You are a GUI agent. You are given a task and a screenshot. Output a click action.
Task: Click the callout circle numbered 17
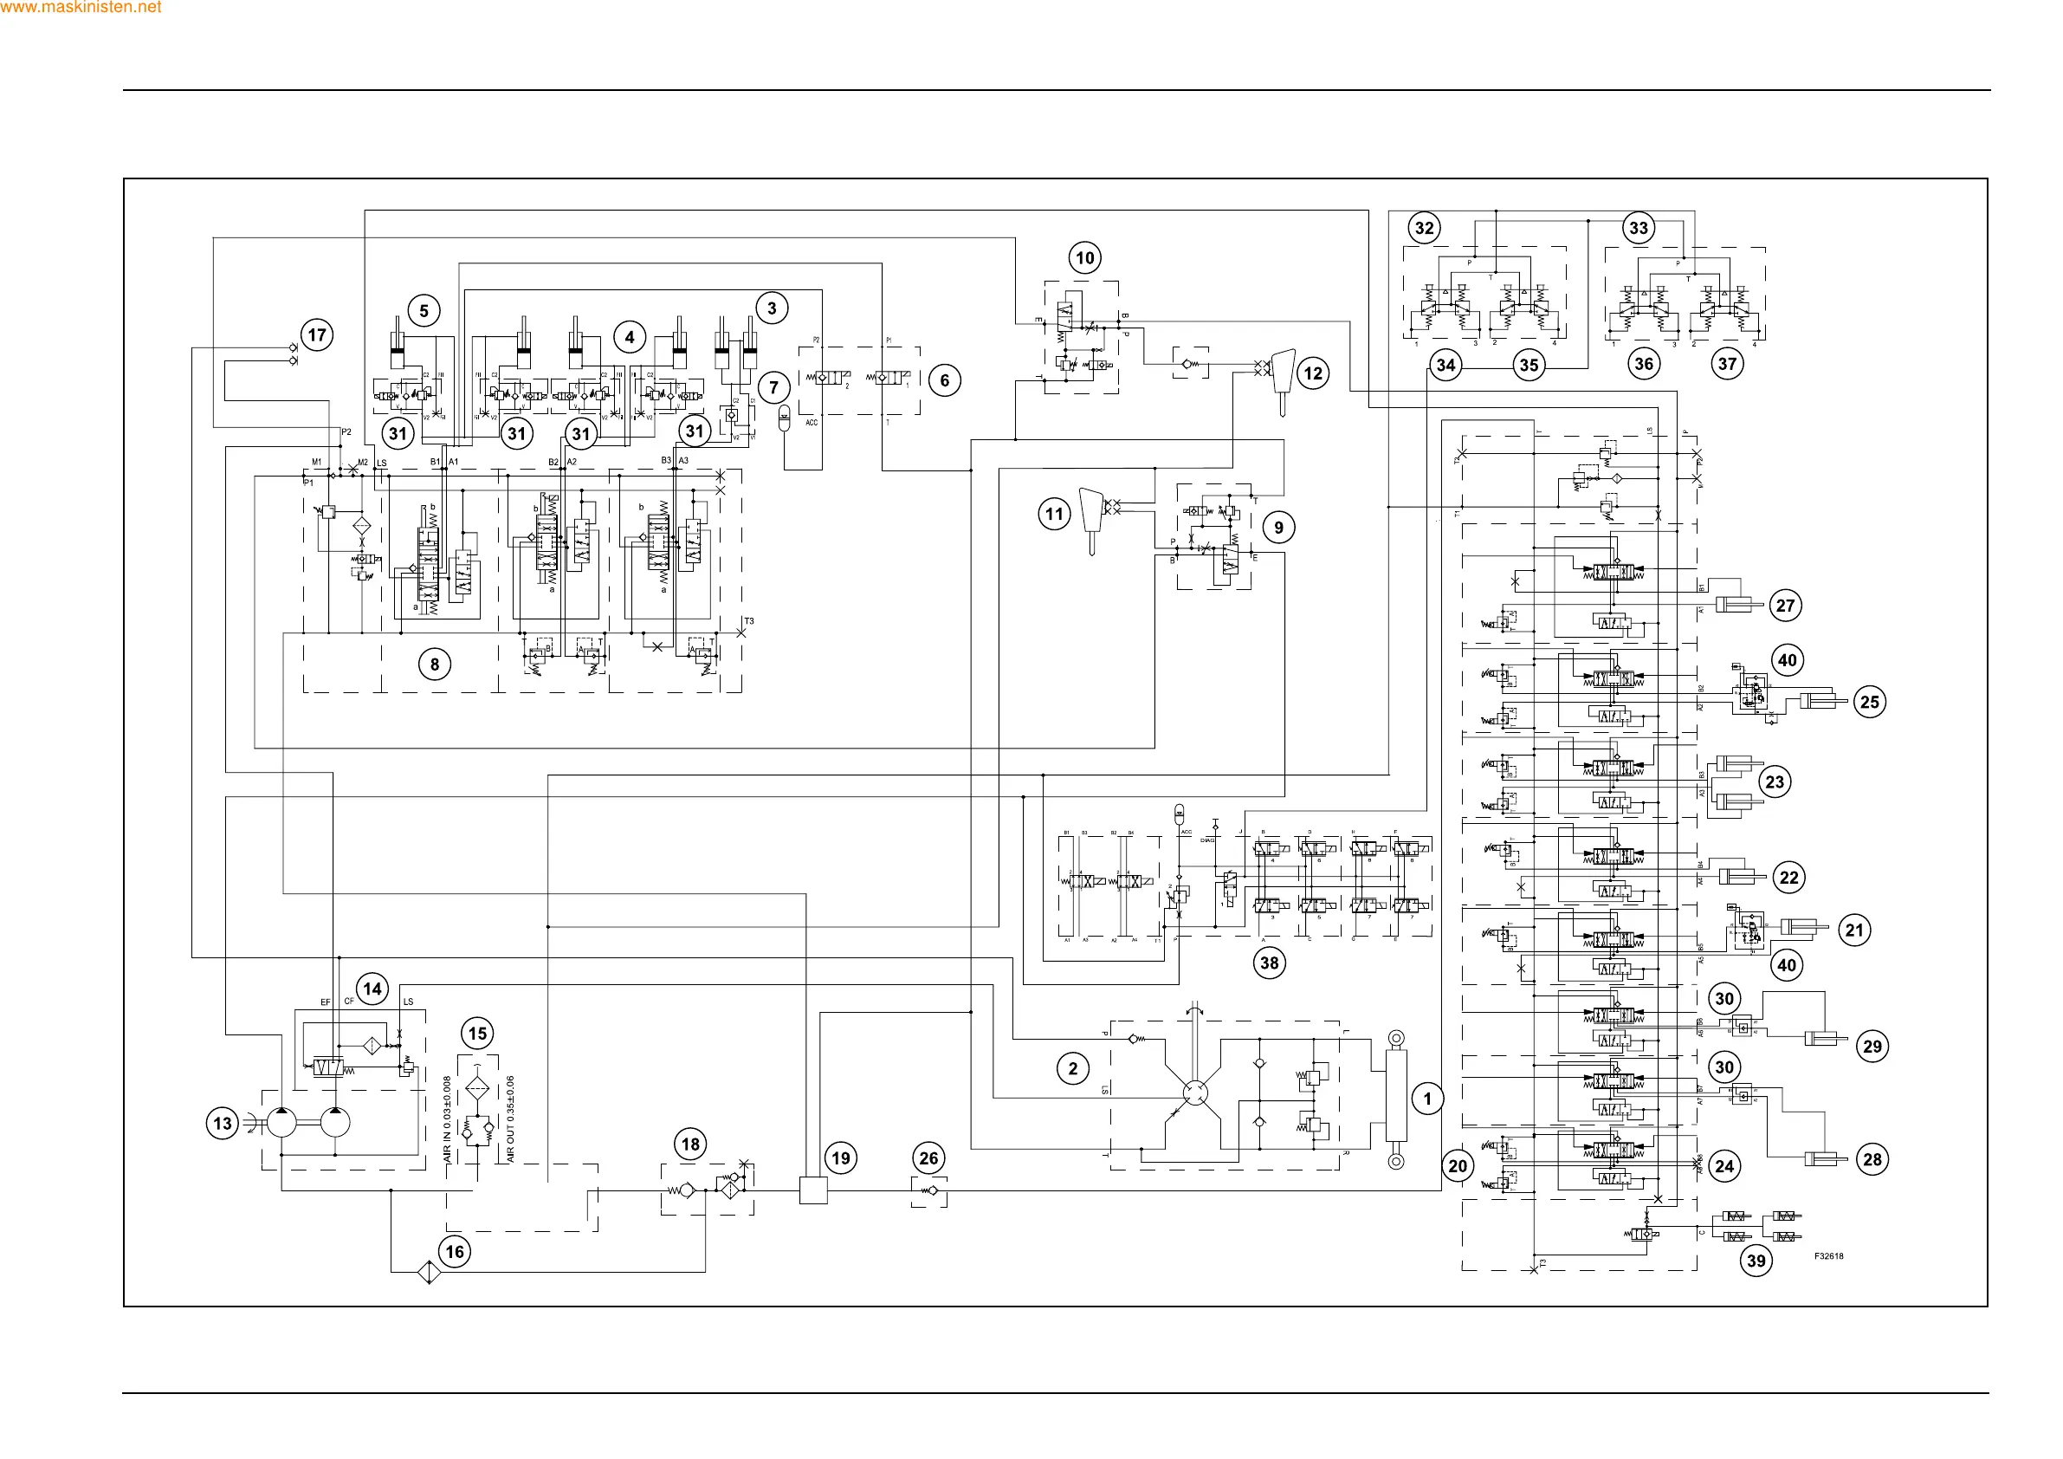(x=317, y=335)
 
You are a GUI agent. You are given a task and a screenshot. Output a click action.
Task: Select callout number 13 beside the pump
(x=222, y=1123)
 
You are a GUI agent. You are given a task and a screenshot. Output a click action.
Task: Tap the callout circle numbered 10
(x=1085, y=258)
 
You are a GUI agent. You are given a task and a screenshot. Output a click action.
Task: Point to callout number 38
(x=1269, y=963)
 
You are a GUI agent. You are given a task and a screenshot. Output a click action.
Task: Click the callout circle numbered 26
(x=929, y=1157)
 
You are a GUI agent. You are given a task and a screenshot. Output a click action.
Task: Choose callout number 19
(x=841, y=1157)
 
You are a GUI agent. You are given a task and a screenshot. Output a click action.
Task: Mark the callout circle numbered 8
(x=435, y=665)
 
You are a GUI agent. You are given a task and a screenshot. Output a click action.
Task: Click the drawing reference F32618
(x=1827, y=1256)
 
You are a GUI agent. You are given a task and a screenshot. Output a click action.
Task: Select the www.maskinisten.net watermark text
(x=81, y=7)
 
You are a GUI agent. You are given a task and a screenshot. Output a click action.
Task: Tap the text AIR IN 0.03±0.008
(x=448, y=1119)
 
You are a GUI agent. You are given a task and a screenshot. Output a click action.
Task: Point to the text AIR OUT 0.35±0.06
(x=510, y=1119)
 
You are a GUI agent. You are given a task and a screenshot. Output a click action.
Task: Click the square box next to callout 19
(x=813, y=1190)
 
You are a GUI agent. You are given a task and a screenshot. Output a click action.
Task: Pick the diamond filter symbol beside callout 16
(x=428, y=1273)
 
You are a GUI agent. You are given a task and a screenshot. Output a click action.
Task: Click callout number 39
(x=1756, y=1261)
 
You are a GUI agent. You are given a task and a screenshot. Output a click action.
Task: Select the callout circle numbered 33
(x=1639, y=228)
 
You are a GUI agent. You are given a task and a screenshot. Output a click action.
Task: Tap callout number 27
(x=1785, y=605)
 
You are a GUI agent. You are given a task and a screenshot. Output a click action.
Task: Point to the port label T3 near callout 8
(x=749, y=621)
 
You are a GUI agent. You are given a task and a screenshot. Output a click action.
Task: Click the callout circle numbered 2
(x=1073, y=1069)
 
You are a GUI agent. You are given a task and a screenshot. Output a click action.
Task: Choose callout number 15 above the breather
(x=478, y=1034)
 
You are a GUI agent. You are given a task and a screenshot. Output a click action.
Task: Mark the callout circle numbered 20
(x=1458, y=1166)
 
